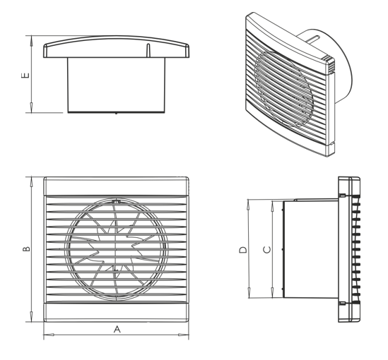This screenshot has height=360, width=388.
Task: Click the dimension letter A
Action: [x=117, y=330]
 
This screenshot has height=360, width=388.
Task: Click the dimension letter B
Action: [x=25, y=248]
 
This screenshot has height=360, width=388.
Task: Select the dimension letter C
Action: [x=266, y=249]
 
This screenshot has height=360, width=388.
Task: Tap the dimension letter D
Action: [x=242, y=249]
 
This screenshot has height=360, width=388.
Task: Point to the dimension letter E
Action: [x=25, y=74]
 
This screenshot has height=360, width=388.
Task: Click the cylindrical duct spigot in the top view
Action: [x=117, y=85]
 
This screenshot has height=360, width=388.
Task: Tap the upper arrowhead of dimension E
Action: [x=32, y=40]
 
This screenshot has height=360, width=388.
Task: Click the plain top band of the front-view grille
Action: [x=117, y=186]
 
